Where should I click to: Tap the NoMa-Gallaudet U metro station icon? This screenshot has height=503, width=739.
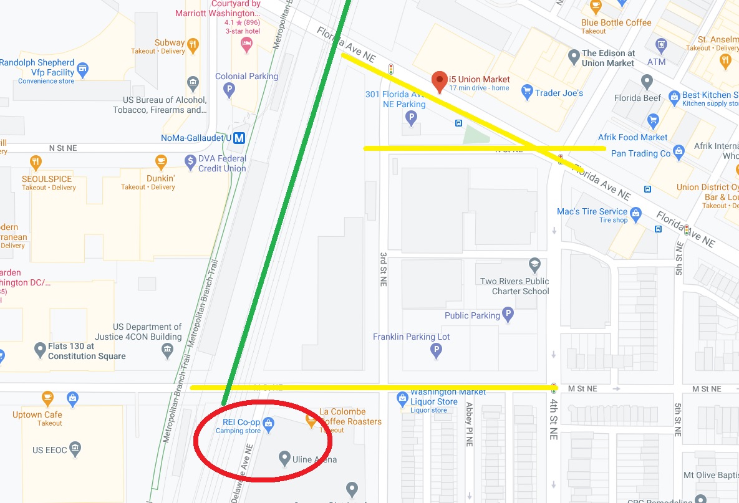239,138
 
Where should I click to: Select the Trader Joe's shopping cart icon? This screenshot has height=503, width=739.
527,93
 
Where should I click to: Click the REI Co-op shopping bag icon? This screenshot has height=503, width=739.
269,424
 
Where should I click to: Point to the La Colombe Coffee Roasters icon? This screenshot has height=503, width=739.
311,421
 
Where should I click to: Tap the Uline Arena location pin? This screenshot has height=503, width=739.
284,458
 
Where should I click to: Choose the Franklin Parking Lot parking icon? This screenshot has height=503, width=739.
437,351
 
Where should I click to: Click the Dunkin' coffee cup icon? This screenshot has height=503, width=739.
161,161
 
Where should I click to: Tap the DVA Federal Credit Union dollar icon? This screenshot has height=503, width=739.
191,162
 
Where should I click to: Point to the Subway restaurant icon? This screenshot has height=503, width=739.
193,44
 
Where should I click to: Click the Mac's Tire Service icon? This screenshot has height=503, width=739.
636,215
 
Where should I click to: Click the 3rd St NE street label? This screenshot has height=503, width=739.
384,268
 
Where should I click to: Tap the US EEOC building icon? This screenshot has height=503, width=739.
75,449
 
